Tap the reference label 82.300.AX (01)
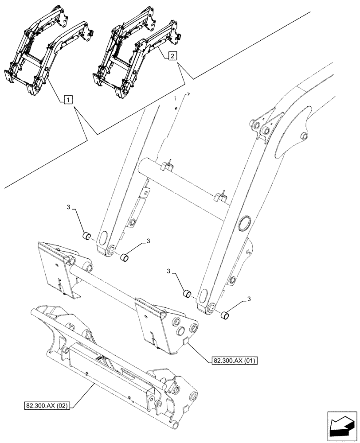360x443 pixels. (231, 361)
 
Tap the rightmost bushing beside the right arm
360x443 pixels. (227, 315)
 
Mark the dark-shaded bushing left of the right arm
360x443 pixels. (188, 293)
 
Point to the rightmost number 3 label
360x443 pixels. (249, 299)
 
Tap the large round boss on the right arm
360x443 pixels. (244, 224)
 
